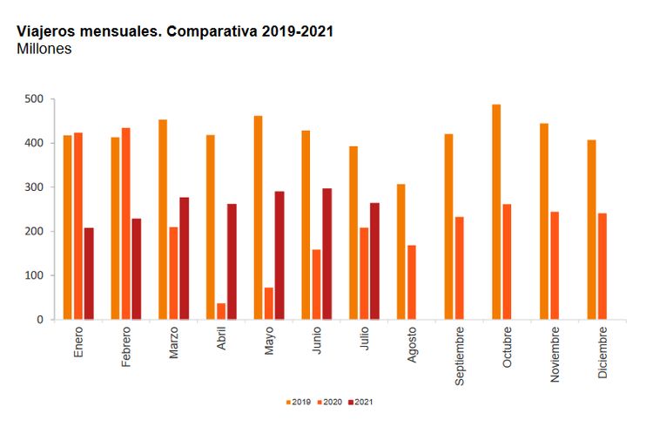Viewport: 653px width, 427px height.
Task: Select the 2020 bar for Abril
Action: coord(221,311)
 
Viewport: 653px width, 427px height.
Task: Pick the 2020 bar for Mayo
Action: coord(269,303)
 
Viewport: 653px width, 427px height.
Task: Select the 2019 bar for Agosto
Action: coord(401,252)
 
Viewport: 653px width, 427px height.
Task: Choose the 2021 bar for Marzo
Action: coord(185,258)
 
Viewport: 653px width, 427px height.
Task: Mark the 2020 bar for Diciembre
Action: coord(602,266)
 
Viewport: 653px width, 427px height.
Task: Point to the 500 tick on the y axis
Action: coord(34,99)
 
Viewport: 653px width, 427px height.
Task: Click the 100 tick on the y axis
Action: coord(34,275)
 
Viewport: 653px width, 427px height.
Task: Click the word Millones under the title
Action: coord(44,49)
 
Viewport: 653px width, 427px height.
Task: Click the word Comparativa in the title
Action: coord(208,30)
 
